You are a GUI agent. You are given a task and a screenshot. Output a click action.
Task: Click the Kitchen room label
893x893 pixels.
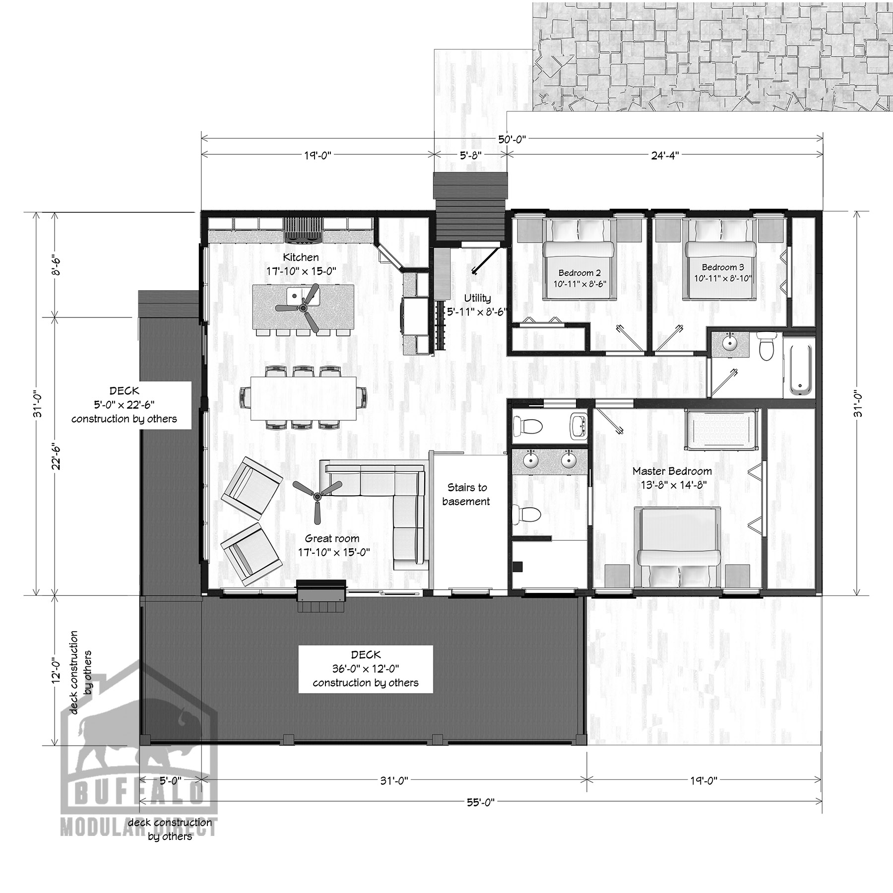tap(301, 257)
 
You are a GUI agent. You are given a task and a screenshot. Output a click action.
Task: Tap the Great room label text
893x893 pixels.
tap(332, 538)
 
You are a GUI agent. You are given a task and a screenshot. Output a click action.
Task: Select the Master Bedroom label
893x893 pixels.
tap(672, 471)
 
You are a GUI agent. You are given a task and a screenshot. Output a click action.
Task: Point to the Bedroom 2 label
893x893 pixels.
tap(579, 273)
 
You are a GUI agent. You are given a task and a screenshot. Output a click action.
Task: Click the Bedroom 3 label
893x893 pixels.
tap(723, 267)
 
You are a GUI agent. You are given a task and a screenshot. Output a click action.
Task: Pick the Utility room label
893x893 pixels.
tap(477, 298)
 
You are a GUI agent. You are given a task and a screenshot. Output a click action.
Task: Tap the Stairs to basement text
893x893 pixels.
tap(466, 494)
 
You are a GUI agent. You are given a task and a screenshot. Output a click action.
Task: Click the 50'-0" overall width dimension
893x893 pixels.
tap(512, 140)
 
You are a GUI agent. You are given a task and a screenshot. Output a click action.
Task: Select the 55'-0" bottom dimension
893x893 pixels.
tap(481, 802)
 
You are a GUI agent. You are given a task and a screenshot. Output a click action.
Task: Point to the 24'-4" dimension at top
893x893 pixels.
tap(665, 155)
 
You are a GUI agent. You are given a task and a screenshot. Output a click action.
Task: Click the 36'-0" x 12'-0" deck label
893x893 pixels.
tap(366, 669)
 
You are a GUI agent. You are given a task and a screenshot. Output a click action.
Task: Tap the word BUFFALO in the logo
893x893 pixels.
tap(139, 792)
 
